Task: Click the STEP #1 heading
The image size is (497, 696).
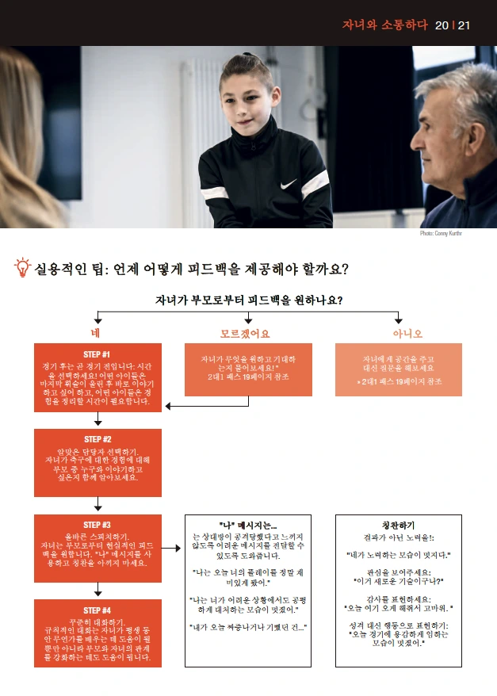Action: click(x=97, y=354)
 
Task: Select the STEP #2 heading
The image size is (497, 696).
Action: click(x=97, y=439)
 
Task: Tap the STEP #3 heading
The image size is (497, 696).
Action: click(x=97, y=525)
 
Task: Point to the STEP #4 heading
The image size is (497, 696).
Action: click(x=97, y=610)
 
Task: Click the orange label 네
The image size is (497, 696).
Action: click(x=96, y=333)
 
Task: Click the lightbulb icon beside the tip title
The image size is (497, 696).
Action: click(x=23, y=267)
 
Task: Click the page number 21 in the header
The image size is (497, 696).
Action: click(x=464, y=25)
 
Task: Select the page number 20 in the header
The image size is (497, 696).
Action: click(x=442, y=25)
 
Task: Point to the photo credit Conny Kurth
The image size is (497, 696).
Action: click(x=441, y=234)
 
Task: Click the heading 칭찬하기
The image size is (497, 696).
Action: click(x=398, y=525)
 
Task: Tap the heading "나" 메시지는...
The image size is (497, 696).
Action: click(x=248, y=525)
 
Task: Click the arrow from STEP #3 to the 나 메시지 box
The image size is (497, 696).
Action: click(x=172, y=548)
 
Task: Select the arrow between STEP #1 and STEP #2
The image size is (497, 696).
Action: click(x=97, y=419)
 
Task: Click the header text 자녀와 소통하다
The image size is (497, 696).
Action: click(x=384, y=25)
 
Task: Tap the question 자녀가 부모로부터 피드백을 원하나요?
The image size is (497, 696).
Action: click(x=249, y=300)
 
